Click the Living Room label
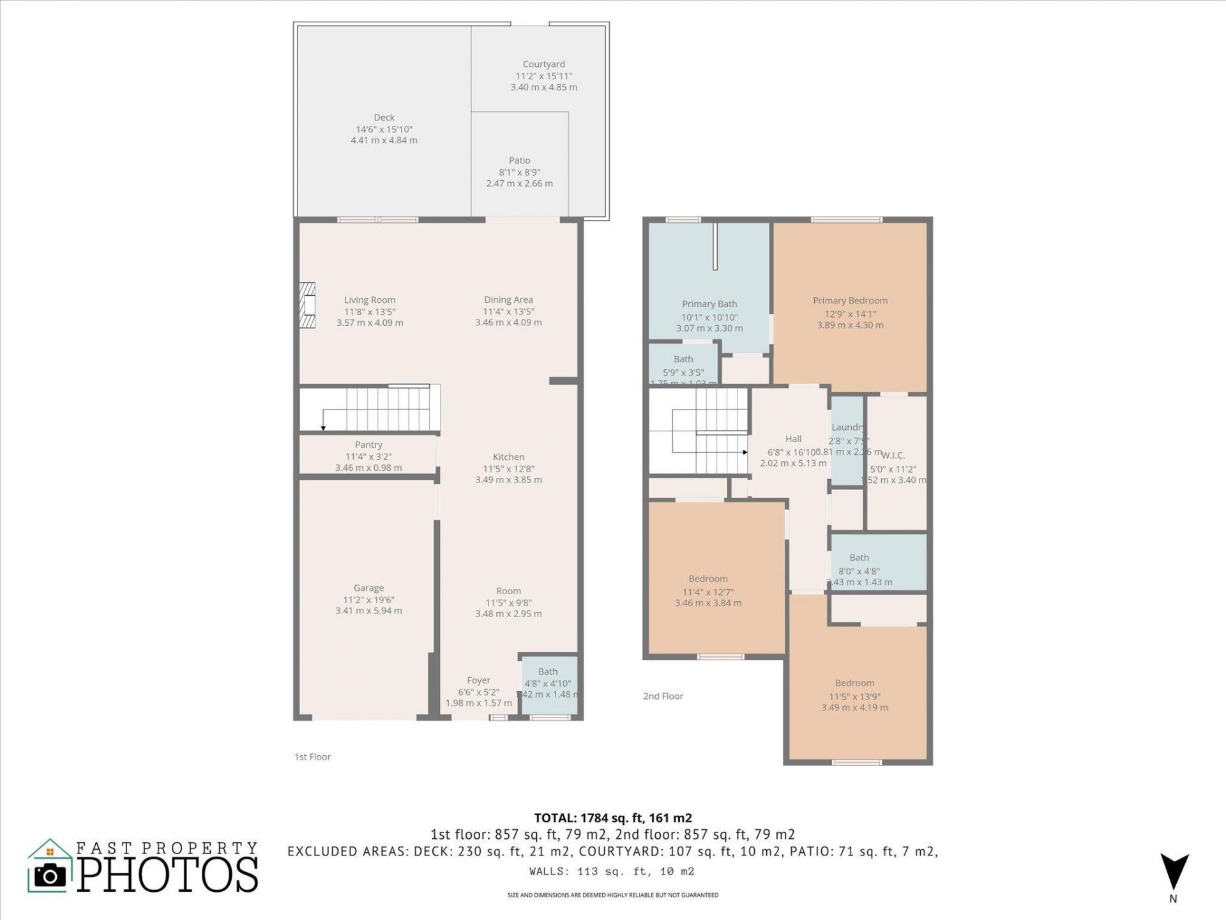coord(370,300)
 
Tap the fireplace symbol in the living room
coord(308,305)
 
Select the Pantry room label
coord(368,445)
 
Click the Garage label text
coord(368,588)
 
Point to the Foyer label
coord(478,680)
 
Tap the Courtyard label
coord(543,64)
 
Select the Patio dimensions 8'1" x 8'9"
coord(519,172)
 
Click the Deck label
coord(384,118)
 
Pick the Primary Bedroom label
coord(850,300)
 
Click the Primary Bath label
coord(709,304)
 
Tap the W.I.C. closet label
coord(893,456)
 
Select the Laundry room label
coord(847,427)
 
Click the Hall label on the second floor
coord(793,439)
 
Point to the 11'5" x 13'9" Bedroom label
coord(854,683)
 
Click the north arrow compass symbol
coord(1174,871)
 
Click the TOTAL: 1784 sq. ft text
coord(612,818)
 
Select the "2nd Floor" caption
coord(663,696)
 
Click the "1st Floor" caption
coord(312,757)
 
